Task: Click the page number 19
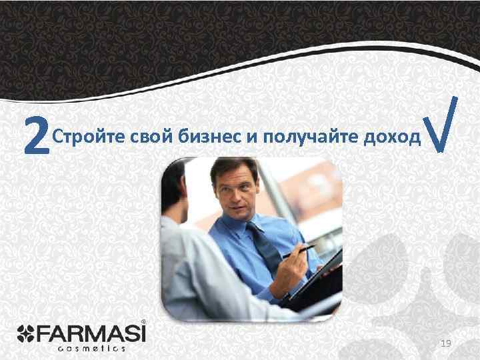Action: coord(446,343)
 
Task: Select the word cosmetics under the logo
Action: coord(92,347)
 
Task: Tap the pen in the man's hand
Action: coord(298,251)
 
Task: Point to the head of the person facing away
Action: coord(175,187)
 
